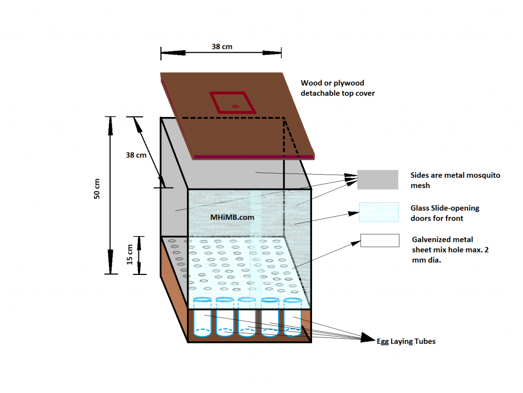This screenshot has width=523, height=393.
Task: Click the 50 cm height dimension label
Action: [97, 189]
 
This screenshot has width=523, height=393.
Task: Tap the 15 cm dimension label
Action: [129, 255]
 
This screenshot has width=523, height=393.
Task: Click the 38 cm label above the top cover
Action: [222, 47]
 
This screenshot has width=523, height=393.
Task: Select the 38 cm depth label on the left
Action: [136, 155]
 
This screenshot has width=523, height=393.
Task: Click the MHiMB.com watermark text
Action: [232, 217]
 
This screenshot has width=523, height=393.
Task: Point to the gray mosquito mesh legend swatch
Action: [377, 179]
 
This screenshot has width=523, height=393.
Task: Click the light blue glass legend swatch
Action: [379, 212]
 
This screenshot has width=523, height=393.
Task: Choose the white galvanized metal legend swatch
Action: [380, 241]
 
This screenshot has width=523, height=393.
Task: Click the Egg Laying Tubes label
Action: [406, 341]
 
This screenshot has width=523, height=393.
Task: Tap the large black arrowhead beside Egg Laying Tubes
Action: [368, 338]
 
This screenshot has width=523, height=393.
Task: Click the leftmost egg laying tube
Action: [202, 317]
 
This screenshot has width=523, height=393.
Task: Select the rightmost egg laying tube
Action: [293, 317]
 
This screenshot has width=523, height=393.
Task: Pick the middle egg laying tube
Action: [247, 317]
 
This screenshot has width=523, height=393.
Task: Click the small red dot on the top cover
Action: [236, 107]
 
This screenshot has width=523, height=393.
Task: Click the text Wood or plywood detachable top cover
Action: [338, 88]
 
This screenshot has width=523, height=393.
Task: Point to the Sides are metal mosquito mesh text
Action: [455, 180]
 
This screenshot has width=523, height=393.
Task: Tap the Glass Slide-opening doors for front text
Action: [445, 213]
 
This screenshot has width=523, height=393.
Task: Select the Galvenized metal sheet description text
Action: [450, 249]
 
